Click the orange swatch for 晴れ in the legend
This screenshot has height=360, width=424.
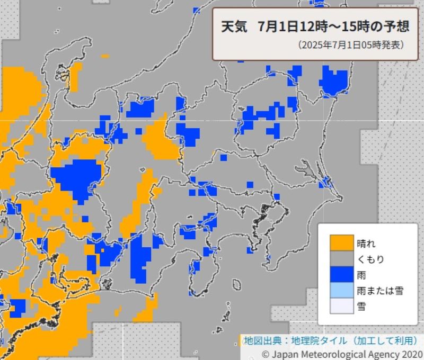coord(341,244)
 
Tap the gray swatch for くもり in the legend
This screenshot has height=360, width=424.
coord(341,259)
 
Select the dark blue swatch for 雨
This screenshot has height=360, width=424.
coord(341,275)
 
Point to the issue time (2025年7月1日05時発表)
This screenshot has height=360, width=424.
coord(350,45)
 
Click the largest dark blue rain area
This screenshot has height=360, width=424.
coord(77,177)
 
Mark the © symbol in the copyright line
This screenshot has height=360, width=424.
coord(266,353)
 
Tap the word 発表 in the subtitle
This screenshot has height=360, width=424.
coord(392,45)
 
